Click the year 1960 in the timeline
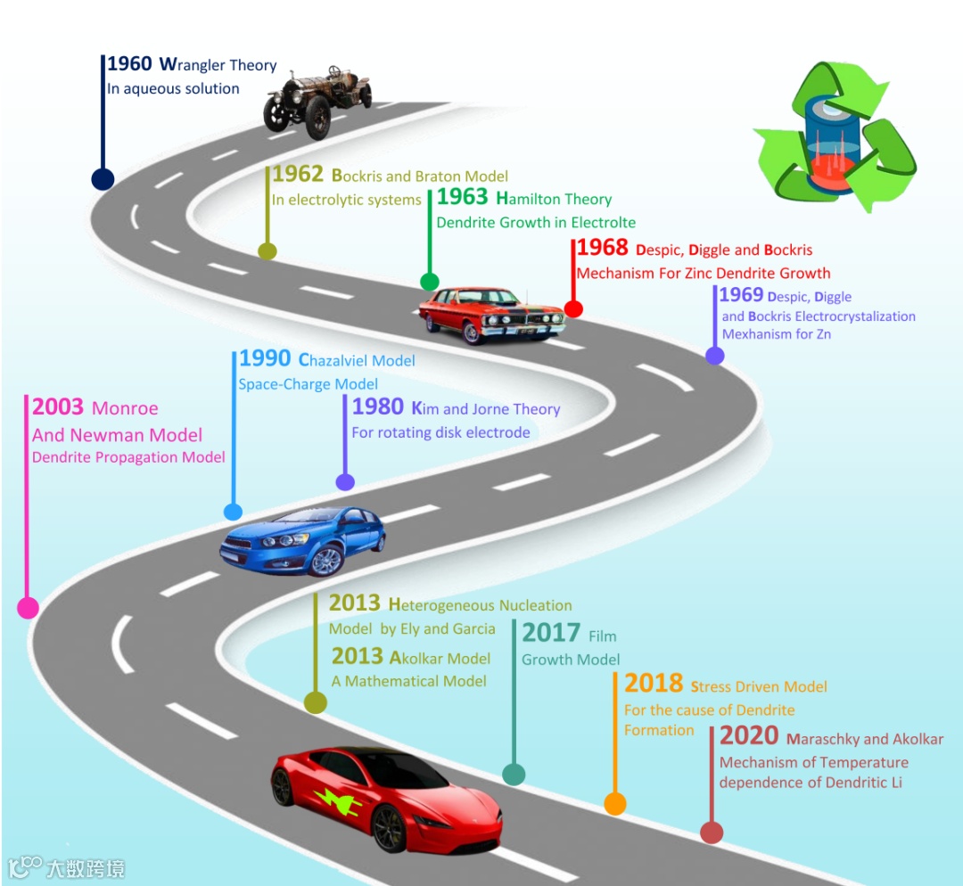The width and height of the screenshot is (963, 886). (x=130, y=64)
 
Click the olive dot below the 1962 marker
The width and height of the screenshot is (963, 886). (x=267, y=250)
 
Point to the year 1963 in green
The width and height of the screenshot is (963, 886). (x=462, y=198)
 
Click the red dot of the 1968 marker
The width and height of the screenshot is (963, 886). (x=573, y=308)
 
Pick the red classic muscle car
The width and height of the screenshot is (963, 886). (x=491, y=314)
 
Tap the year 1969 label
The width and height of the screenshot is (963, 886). (x=741, y=295)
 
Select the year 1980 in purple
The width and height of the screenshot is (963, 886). (x=378, y=407)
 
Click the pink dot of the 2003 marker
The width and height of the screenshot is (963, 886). (x=28, y=608)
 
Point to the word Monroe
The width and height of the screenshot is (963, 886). (x=125, y=409)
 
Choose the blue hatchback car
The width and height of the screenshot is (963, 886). (x=303, y=540)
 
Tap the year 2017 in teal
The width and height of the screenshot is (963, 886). (x=551, y=633)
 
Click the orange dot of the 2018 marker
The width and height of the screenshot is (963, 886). (x=615, y=804)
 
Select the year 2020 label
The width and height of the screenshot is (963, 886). (x=749, y=737)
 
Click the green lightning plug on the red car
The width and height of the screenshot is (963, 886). (x=338, y=800)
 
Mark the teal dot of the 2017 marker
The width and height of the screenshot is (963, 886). (x=514, y=774)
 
